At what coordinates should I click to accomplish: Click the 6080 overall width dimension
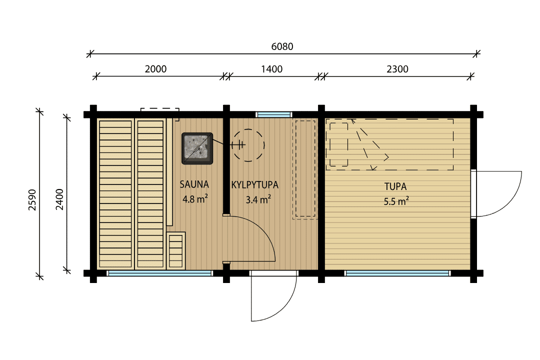click(282, 46)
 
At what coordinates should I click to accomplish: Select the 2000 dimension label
click(155, 69)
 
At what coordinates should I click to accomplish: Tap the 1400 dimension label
click(271, 69)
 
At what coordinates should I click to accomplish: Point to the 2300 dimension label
click(397, 69)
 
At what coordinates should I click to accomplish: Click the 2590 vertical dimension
click(32, 200)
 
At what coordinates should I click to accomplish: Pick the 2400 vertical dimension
click(59, 199)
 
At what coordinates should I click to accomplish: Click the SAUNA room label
click(194, 184)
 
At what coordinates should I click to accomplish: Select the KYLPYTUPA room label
click(255, 185)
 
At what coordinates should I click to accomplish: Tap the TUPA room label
click(395, 186)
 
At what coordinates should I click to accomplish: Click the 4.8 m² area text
click(195, 199)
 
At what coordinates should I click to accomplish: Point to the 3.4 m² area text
click(258, 199)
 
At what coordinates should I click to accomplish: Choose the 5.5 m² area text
click(396, 201)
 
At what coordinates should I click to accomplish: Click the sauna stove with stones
click(197, 148)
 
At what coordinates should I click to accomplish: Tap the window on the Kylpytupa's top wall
click(274, 114)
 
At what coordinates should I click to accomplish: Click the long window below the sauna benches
click(160, 273)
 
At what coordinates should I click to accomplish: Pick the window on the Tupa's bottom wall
click(397, 273)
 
